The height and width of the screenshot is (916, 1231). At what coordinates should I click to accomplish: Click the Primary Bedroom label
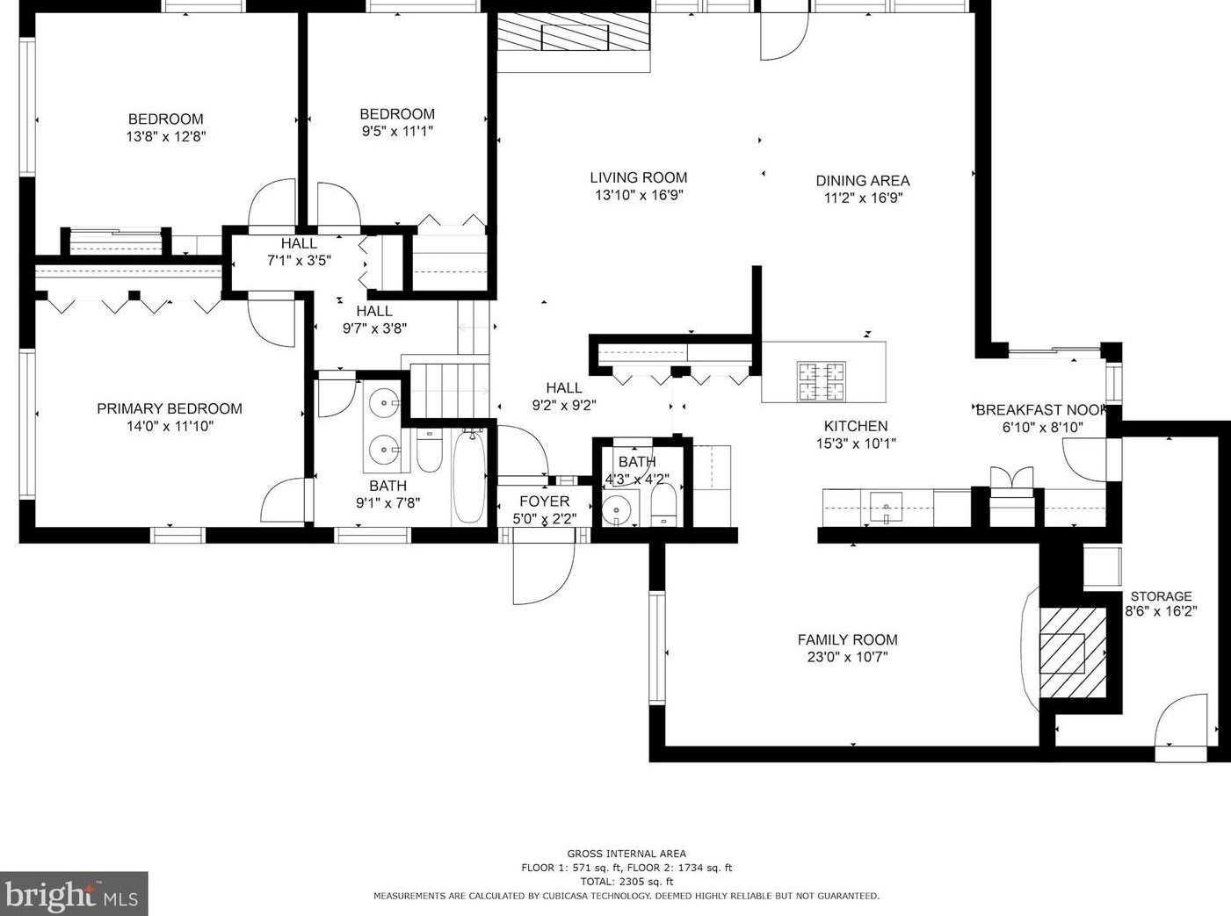point(170,409)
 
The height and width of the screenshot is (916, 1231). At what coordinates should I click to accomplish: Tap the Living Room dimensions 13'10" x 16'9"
point(638,195)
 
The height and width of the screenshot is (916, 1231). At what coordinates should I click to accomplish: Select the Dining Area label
point(863,181)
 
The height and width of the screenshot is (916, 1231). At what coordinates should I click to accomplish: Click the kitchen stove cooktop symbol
point(822,381)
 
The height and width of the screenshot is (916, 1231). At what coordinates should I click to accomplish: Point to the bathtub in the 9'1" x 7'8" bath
point(469,477)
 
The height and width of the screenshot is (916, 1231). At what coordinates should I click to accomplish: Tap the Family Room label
point(848,639)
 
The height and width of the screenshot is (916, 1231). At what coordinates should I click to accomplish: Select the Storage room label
point(1161,596)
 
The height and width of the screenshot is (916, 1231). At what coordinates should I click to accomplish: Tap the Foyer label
point(545,501)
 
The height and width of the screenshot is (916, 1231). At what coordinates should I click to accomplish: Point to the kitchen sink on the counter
point(886,508)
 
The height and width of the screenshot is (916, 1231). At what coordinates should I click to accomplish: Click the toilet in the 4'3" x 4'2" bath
point(663,505)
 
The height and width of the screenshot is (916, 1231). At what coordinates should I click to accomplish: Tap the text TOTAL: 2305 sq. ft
point(626,882)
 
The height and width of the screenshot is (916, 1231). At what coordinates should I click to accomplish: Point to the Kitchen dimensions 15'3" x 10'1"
point(856,444)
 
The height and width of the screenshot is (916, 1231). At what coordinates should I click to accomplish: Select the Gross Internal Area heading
point(626,854)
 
